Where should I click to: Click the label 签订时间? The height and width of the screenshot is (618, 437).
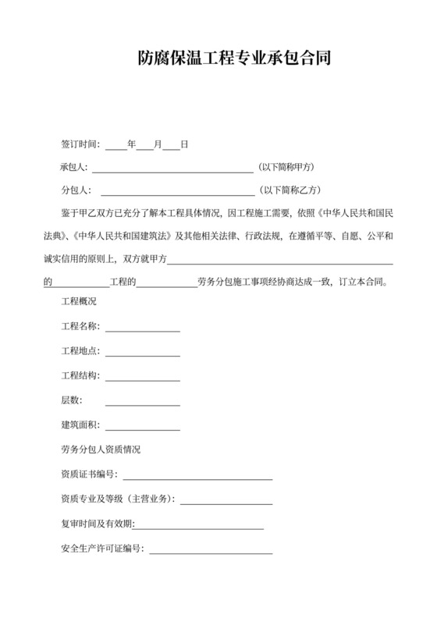80,144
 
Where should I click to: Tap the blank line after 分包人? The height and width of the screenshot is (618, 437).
177,190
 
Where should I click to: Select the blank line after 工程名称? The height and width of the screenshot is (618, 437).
142,328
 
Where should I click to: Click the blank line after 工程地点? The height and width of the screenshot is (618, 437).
142,353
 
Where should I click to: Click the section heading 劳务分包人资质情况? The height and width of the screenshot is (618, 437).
101,450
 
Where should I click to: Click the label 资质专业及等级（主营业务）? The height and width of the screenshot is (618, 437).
118,499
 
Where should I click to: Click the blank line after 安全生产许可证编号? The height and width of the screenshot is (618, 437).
211,549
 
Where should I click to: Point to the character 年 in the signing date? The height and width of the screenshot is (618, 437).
131,144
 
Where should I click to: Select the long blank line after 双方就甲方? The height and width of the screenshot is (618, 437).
282,260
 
